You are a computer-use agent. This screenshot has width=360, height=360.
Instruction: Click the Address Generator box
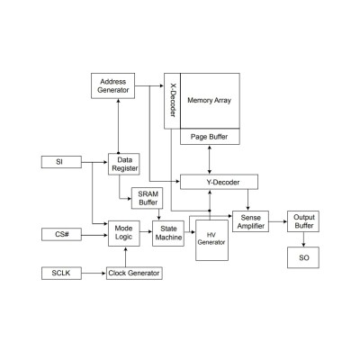click(112, 85)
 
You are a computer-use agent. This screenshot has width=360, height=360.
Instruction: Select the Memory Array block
click(210, 101)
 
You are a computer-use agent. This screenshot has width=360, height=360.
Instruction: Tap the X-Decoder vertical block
click(172, 101)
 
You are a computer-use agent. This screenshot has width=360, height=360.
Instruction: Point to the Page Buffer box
click(210, 137)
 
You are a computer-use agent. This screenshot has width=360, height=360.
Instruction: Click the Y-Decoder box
click(219, 182)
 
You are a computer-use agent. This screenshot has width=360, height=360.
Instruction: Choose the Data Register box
click(124, 164)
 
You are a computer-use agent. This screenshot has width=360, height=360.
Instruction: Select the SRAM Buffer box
click(148, 198)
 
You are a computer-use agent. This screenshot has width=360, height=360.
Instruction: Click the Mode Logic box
click(124, 233)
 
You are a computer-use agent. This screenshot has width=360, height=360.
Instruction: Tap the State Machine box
click(168, 233)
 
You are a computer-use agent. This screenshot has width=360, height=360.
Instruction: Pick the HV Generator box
click(211, 240)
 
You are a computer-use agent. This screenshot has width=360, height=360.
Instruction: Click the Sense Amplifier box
click(250, 221)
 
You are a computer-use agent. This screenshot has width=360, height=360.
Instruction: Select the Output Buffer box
click(303, 221)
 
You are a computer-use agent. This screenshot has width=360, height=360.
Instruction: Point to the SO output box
click(303, 257)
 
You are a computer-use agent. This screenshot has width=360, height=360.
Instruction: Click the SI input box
click(61, 162)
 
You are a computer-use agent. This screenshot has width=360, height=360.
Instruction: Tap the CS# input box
click(61, 234)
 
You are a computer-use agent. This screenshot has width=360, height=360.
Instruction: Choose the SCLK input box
click(61, 273)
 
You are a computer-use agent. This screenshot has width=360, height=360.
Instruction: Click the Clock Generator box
click(134, 273)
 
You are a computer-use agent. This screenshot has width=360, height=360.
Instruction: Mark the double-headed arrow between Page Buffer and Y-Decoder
click(210, 159)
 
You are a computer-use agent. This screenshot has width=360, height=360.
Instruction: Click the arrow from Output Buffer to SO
click(303, 239)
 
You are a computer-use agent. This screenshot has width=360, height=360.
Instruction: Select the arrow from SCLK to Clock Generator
click(94, 274)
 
